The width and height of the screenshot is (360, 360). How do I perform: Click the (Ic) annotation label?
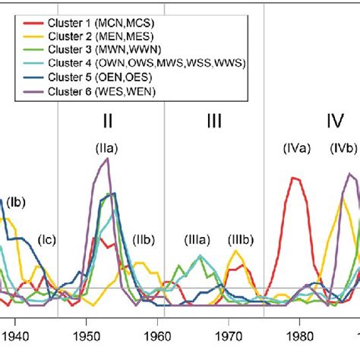[x=48, y=240]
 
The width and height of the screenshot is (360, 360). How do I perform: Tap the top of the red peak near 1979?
[x=293, y=177]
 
